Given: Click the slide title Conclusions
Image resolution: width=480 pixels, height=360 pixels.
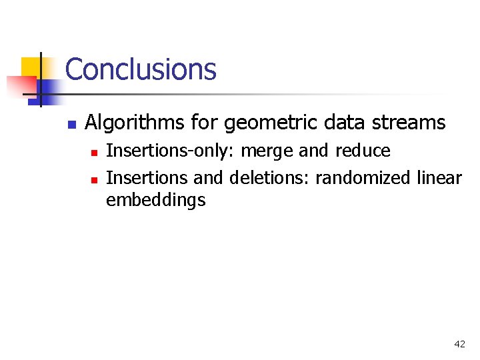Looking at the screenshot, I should [141, 69].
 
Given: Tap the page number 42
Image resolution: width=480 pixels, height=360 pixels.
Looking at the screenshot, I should [459, 344].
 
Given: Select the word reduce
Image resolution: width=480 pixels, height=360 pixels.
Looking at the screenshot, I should [363, 151].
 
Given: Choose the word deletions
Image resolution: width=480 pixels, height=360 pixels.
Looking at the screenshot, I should [269, 179].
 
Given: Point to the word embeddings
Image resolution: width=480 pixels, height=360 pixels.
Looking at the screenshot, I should [155, 200].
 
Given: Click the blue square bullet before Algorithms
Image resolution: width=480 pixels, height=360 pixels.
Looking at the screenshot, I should [72, 124].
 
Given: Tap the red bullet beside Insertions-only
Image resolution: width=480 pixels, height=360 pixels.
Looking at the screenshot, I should [95, 153].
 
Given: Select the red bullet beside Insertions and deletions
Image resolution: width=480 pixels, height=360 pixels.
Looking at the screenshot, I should [95, 180].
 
